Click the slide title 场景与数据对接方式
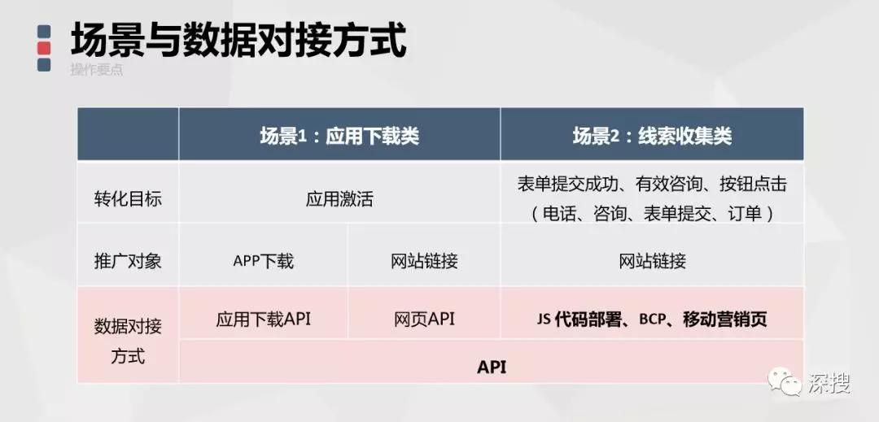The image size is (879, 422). pyautogui.click(x=238, y=41)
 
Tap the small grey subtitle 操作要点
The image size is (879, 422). pyautogui.click(x=96, y=70)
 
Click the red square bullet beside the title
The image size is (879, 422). pyautogui.click(x=44, y=48)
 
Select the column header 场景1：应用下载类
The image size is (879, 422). pyautogui.click(x=339, y=136)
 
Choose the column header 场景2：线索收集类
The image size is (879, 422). pyautogui.click(x=652, y=136)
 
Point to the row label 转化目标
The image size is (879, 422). pyautogui.click(x=128, y=199)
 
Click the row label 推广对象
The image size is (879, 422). pyautogui.click(x=128, y=261)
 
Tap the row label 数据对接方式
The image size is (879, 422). pyautogui.click(x=128, y=341)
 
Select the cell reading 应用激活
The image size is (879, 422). pyautogui.click(x=339, y=199)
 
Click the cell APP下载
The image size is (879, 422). pyautogui.click(x=263, y=261)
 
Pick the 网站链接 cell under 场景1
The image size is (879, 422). pyautogui.click(x=424, y=261)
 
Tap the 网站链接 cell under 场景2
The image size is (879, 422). pyautogui.click(x=652, y=261)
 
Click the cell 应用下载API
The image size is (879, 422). pyautogui.click(x=263, y=319)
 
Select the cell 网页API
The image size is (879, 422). pyautogui.click(x=424, y=319)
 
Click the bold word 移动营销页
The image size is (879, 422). pyautogui.click(x=725, y=319)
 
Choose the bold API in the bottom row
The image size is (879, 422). pyautogui.click(x=492, y=368)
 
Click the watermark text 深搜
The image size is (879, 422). pyautogui.click(x=829, y=383)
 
